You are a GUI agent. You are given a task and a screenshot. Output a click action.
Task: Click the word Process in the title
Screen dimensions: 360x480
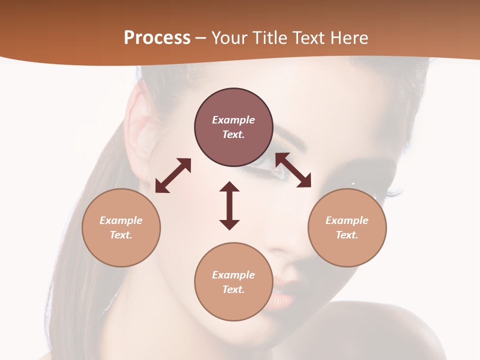click(157, 38)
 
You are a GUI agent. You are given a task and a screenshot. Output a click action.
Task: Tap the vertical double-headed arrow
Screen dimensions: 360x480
click(229, 205)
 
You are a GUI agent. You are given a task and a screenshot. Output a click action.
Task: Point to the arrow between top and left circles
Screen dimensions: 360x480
click(173, 175)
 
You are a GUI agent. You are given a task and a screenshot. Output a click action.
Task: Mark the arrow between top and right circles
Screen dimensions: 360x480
click(293, 170)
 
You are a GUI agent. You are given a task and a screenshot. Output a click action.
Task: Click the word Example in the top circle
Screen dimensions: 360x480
click(233, 120)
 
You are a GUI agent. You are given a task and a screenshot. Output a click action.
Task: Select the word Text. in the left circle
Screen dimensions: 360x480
click(121, 235)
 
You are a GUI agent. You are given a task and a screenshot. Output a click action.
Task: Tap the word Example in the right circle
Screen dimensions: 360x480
click(347, 220)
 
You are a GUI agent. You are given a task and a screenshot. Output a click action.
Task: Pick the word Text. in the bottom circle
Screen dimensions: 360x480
click(233, 289)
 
